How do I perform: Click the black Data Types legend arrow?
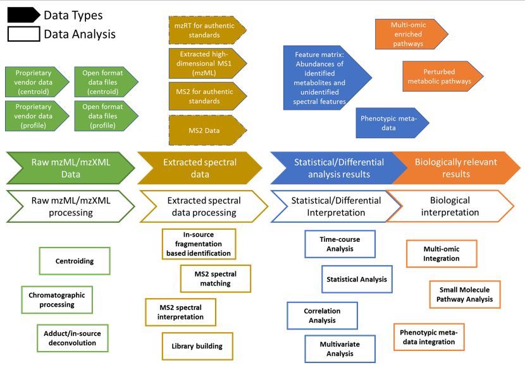click(x=23, y=15)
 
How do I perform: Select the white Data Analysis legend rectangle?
click(x=24, y=34)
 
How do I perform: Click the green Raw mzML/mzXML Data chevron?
click(x=71, y=168)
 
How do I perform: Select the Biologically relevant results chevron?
click(x=456, y=168)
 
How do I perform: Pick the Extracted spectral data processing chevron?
click(x=204, y=206)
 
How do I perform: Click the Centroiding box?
click(x=75, y=261)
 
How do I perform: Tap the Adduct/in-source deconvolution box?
click(x=73, y=338)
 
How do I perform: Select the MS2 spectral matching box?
click(x=216, y=278)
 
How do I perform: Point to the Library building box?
click(x=197, y=346)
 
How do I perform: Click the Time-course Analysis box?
click(x=340, y=244)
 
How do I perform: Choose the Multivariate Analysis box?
click(x=340, y=349)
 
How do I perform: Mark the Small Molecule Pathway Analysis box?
click(x=465, y=294)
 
